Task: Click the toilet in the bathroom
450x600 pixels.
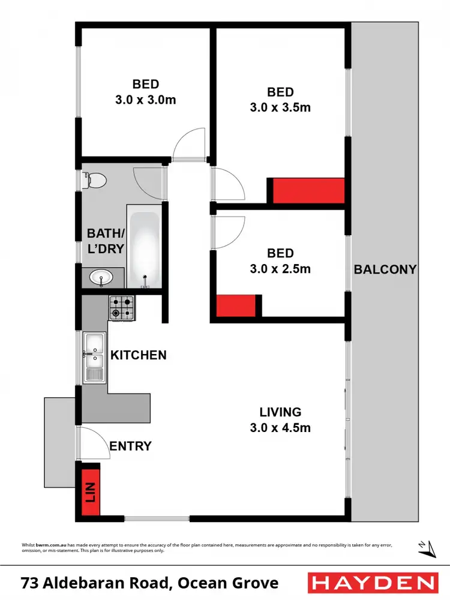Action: click(95, 179)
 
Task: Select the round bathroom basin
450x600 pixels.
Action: click(100, 277)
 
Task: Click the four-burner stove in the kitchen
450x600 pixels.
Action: click(122, 307)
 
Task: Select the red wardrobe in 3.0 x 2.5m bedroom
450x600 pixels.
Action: click(236, 305)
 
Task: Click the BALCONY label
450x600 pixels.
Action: click(385, 269)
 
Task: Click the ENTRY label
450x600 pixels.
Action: click(130, 446)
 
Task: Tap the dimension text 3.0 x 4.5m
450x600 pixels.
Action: click(280, 428)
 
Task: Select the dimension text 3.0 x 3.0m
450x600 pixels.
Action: click(146, 100)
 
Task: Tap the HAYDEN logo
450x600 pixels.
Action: click(372, 583)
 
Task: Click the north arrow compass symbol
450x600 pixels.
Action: click(427, 547)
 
